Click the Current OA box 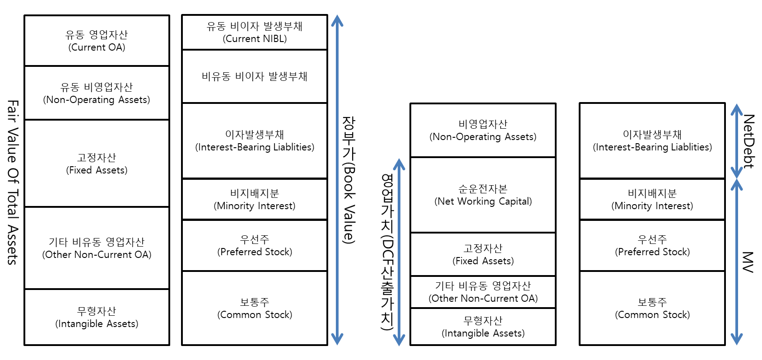click(x=97, y=41)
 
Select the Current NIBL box click(x=255, y=32)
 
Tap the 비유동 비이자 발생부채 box click(x=255, y=76)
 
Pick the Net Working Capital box click(x=483, y=195)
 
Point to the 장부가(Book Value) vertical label click(x=349, y=180)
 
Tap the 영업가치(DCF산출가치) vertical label click(x=387, y=252)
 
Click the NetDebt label click(x=748, y=141)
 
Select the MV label click(x=748, y=262)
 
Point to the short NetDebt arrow click(x=737, y=141)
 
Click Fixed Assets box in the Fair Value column click(x=97, y=164)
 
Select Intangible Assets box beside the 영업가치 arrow click(x=483, y=327)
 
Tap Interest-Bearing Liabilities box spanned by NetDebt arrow click(x=652, y=140)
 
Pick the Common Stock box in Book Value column click(x=255, y=308)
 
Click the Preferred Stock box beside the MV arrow click(x=652, y=245)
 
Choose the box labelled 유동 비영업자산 click(x=97, y=93)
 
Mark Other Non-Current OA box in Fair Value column click(x=97, y=248)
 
